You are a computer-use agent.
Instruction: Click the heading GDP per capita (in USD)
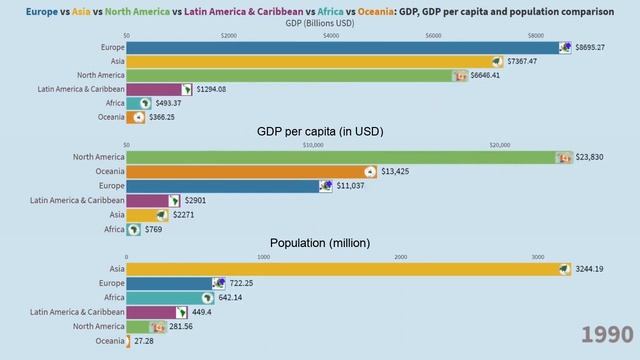click(320, 132)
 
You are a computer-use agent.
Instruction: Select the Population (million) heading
click(320, 243)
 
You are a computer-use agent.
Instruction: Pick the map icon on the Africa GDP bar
click(146, 104)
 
